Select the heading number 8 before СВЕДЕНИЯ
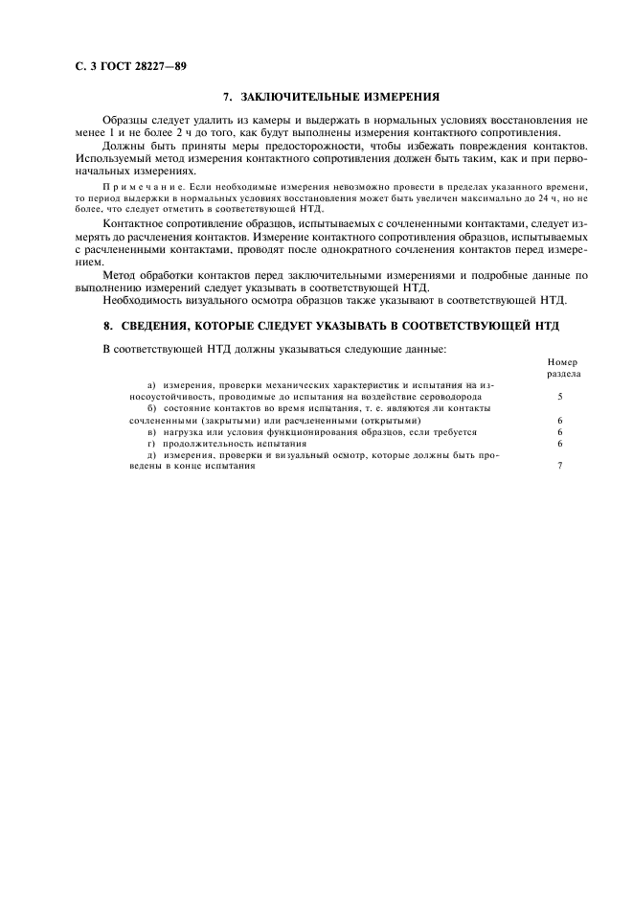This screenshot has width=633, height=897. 108,327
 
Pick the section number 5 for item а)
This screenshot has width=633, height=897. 559,396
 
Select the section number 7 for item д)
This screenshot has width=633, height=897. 559,466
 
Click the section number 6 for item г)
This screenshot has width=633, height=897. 559,444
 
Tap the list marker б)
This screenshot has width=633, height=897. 152,408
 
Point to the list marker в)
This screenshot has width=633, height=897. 152,432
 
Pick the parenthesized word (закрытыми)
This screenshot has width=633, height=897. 217,420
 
